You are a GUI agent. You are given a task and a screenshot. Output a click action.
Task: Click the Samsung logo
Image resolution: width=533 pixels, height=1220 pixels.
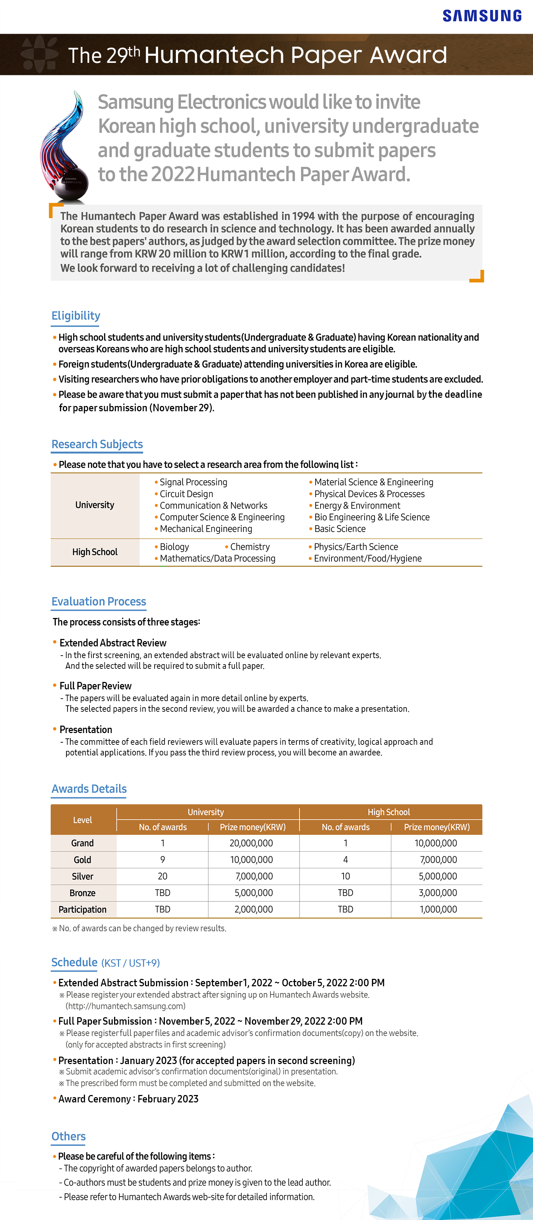tap(482, 16)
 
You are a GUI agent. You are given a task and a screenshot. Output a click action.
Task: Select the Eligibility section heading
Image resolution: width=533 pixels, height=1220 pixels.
tap(76, 316)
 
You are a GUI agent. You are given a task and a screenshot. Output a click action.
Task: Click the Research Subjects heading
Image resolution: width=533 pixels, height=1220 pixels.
tap(97, 444)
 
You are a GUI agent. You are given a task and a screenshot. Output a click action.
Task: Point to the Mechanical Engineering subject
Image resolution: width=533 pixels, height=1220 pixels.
tap(206, 529)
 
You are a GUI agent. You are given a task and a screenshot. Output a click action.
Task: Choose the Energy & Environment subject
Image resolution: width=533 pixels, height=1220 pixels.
tap(357, 506)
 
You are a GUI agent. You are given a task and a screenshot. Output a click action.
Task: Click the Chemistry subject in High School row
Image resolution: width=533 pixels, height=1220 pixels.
tap(250, 547)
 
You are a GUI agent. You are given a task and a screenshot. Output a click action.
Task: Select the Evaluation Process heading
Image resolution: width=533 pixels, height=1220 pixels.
tap(98, 601)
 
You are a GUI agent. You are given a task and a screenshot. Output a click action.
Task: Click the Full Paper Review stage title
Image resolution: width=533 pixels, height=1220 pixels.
tap(95, 686)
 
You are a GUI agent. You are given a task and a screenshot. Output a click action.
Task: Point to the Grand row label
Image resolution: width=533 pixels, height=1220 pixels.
tap(82, 844)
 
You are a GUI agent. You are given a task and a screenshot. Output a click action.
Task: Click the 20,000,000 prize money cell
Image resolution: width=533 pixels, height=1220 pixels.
tap(251, 844)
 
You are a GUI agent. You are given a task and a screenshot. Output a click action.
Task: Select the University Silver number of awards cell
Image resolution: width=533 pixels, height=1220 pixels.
tap(162, 877)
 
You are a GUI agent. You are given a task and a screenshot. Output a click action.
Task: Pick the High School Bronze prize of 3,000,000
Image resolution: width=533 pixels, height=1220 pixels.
tap(438, 893)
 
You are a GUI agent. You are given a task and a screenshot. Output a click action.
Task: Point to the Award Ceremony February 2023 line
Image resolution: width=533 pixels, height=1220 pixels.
tap(128, 1099)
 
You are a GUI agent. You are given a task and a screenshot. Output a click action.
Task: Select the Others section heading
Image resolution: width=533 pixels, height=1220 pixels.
tap(69, 1137)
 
